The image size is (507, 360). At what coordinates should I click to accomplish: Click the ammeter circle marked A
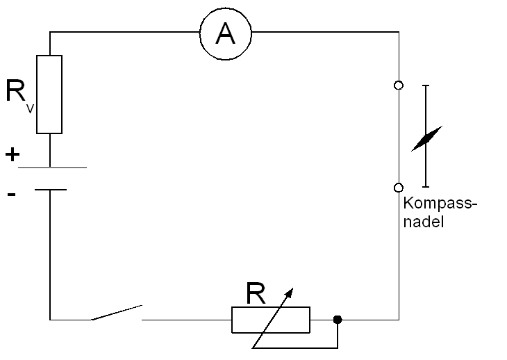click(x=226, y=33)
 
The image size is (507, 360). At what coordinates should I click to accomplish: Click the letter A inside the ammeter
click(x=226, y=33)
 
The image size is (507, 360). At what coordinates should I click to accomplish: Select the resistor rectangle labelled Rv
click(x=49, y=94)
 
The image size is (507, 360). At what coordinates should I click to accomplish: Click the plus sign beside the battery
click(x=12, y=154)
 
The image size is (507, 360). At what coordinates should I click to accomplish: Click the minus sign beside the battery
click(x=11, y=195)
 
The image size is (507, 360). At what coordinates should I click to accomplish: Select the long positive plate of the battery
click(x=52, y=167)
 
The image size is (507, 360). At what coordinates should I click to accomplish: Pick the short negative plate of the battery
click(x=51, y=189)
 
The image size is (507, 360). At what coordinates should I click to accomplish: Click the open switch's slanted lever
click(x=116, y=313)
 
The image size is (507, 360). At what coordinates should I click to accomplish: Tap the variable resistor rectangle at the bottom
click(x=271, y=320)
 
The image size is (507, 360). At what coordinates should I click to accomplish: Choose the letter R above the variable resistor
click(x=256, y=295)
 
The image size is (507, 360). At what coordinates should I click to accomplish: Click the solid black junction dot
click(x=338, y=320)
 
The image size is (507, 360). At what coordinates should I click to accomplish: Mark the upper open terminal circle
click(x=398, y=85)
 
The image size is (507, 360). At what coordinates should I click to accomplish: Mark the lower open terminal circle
click(x=398, y=188)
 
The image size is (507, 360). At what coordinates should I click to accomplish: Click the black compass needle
click(x=426, y=138)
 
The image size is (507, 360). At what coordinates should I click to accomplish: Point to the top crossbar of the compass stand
click(x=426, y=85)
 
